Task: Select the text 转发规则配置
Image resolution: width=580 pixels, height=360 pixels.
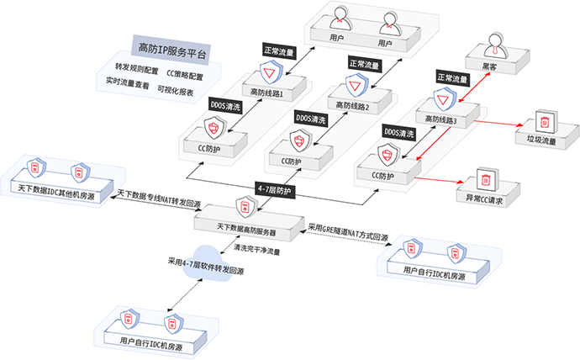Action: point(137,66)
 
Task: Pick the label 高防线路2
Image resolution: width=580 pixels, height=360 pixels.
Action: point(352,106)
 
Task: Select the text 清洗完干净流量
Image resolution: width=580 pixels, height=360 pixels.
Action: point(257,249)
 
